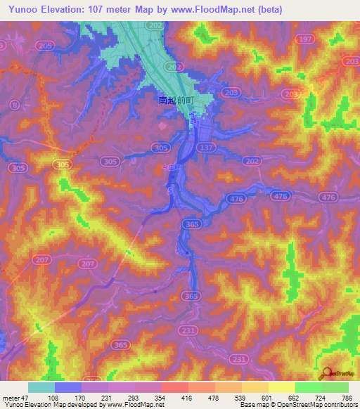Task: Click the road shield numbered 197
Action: [x=305, y=41]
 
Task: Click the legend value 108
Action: [x=54, y=397]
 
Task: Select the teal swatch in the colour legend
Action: [x=41, y=387]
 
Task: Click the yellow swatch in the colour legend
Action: [x=281, y=387]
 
